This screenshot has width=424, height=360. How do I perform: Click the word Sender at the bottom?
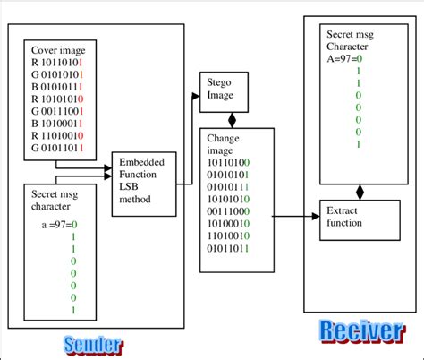[x=92, y=345]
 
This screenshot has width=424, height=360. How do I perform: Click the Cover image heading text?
[x=59, y=51]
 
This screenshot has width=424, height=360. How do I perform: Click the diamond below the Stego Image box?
[x=233, y=118]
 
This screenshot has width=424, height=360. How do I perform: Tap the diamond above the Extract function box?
[x=360, y=191]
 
